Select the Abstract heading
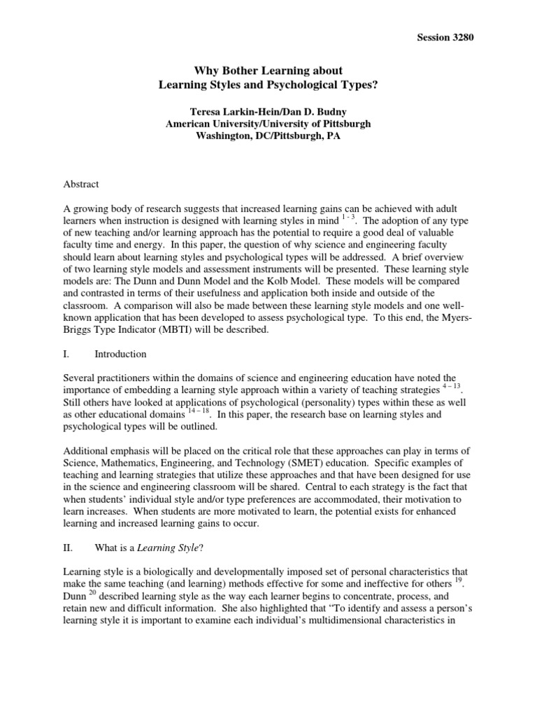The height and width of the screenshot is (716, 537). (81, 185)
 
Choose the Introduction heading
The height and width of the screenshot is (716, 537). (122, 355)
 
